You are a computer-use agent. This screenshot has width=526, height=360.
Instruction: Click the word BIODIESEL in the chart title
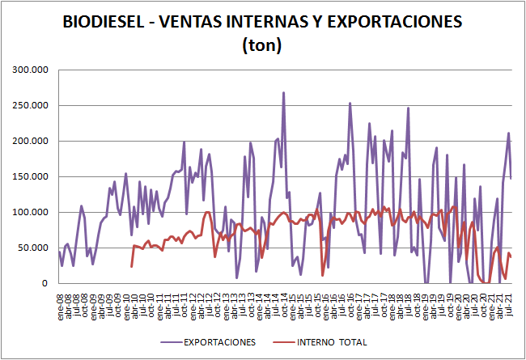pos(104,23)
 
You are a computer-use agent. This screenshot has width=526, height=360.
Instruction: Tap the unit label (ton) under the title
pos(262,46)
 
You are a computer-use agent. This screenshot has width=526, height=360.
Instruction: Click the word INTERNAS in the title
pos(272,23)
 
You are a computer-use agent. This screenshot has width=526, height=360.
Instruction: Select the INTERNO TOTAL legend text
pos(344,342)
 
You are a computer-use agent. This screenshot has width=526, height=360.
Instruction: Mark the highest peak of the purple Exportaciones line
pos(283,93)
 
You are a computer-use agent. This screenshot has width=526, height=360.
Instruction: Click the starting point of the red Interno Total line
pos(132,266)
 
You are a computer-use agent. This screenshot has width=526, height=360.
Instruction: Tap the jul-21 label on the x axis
pos(510,308)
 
